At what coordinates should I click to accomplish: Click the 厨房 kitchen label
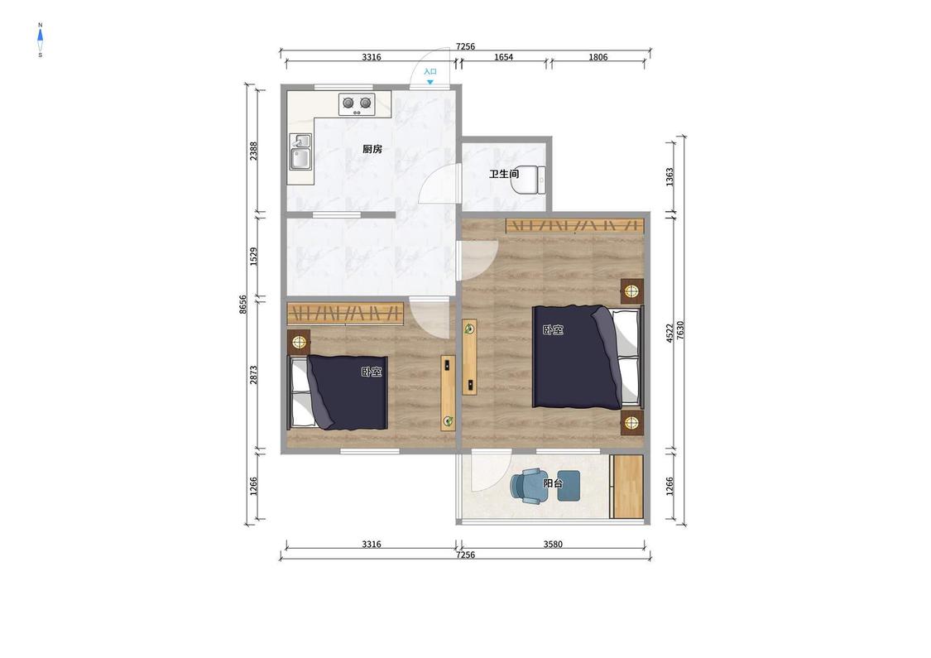(x=372, y=149)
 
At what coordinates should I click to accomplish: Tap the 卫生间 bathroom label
(x=504, y=174)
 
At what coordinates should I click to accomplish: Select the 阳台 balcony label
(x=553, y=483)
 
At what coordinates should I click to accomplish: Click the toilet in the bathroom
(x=529, y=180)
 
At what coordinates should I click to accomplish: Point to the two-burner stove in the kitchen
(x=357, y=104)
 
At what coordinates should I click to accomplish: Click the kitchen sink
(x=301, y=151)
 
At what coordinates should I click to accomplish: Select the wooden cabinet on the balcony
(x=627, y=487)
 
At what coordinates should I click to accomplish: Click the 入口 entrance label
(x=430, y=71)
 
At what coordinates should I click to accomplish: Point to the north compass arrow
(x=41, y=36)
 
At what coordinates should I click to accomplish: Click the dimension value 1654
(x=503, y=57)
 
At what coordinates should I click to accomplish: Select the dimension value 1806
(x=597, y=57)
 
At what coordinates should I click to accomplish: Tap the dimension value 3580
(x=553, y=544)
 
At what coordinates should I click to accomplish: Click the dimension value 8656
(x=242, y=305)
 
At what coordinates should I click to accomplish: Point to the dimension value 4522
(x=669, y=333)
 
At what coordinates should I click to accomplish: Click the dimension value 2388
(x=253, y=151)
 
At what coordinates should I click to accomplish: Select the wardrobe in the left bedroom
(x=346, y=313)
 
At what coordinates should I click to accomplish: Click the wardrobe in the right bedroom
(x=575, y=226)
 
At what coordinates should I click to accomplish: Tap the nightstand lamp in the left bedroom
(x=299, y=342)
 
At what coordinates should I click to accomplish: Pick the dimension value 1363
(x=669, y=177)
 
